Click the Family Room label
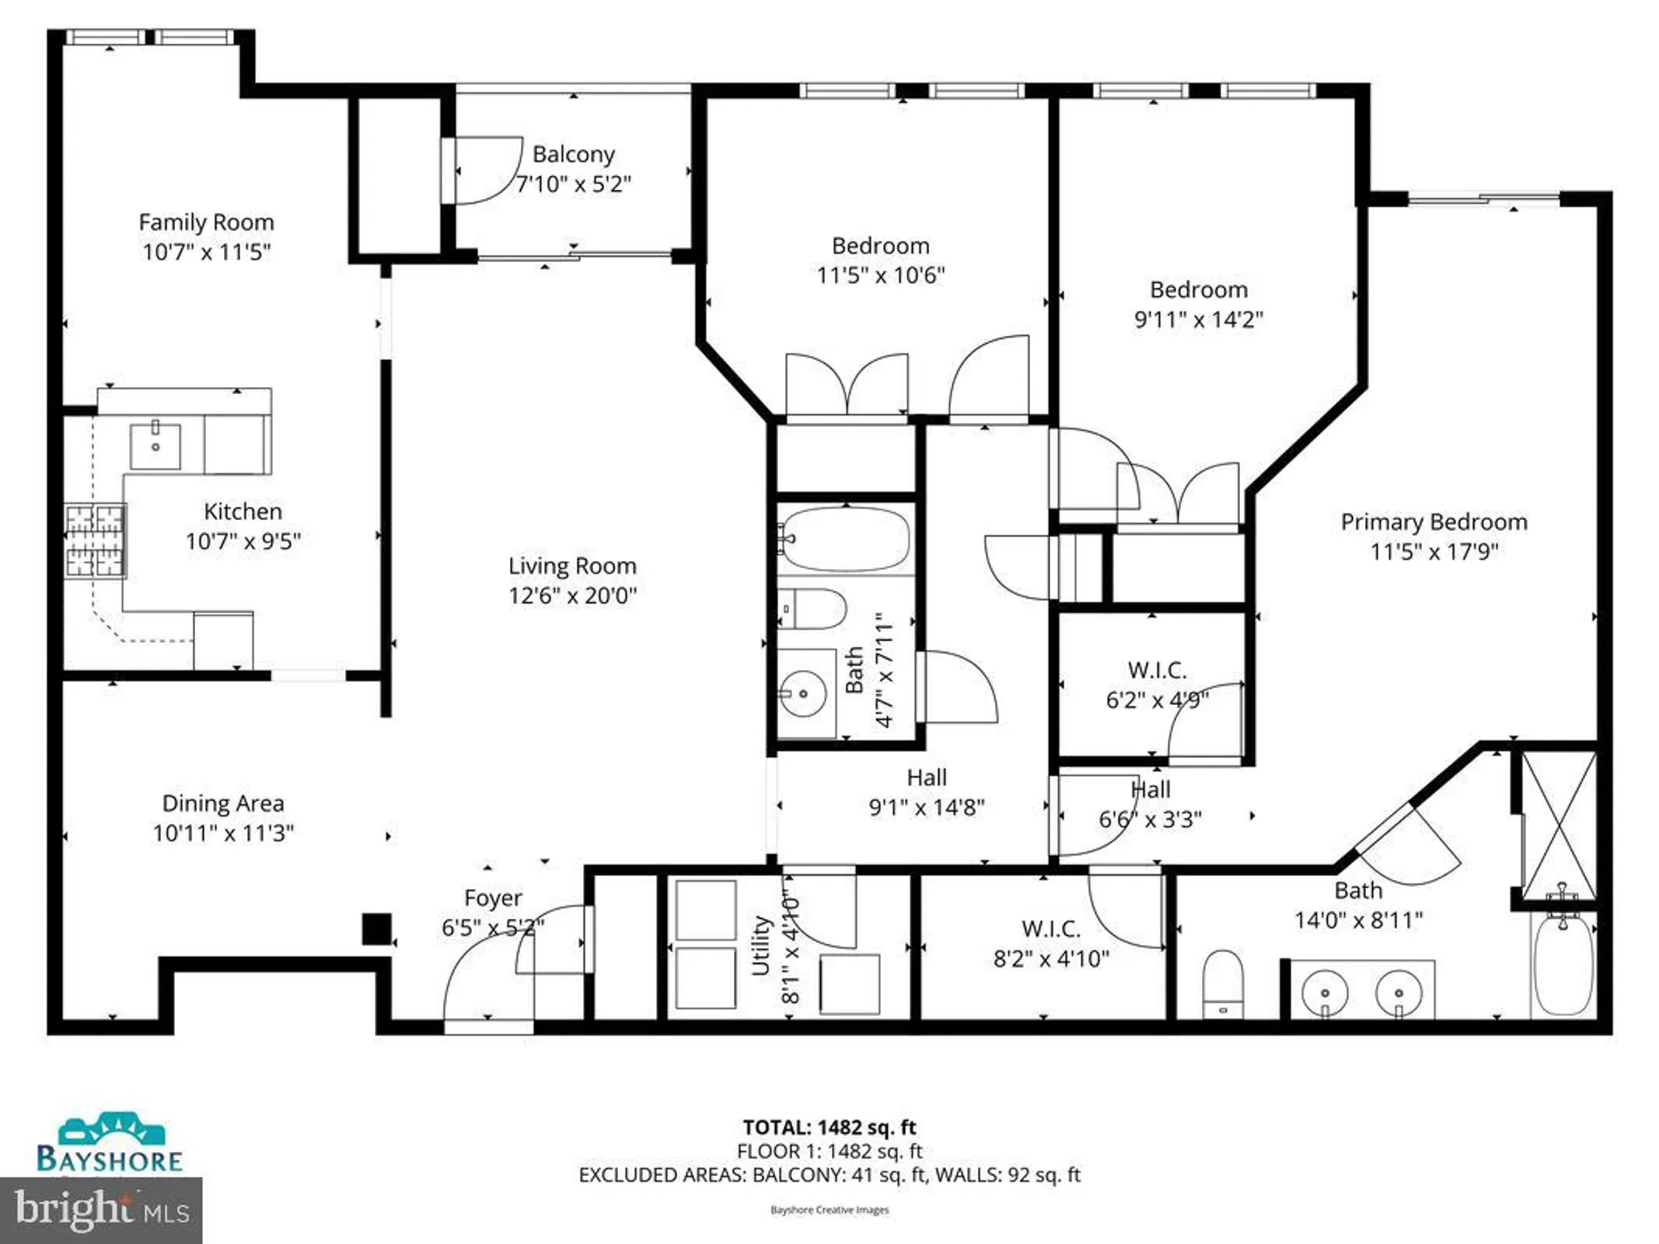[206, 222]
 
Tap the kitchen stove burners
[95, 541]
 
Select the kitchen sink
[155, 447]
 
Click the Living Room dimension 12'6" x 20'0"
[572, 595]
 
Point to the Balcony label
[573, 154]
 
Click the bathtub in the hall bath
[844, 539]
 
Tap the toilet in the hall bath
[813, 610]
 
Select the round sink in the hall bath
[803, 693]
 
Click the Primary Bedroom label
[1433, 522]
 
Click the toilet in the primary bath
[1223, 983]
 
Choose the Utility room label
[761, 945]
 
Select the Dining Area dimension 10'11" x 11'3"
[223, 833]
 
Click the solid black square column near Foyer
[377, 929]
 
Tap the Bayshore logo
[109, 1144]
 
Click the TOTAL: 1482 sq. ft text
[829, 1127]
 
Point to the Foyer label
[493, 898]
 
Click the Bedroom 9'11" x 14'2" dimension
[1198, 319]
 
